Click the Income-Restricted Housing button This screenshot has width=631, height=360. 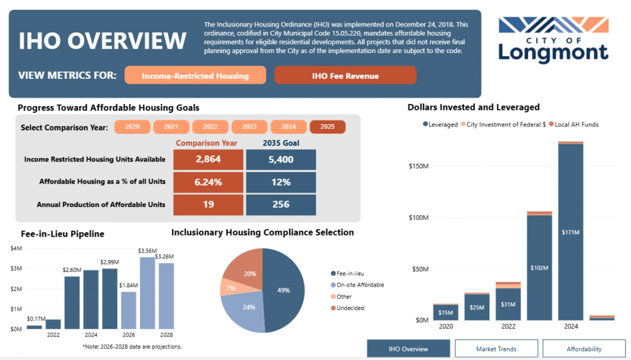195,75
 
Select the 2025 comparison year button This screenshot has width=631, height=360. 328,127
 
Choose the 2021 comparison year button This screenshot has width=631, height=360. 171,127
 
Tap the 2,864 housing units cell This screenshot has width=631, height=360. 208,160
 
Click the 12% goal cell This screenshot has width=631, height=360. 281,182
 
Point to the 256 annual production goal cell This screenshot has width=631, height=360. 281,205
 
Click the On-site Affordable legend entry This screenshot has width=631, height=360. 357,285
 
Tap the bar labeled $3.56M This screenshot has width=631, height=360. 147,293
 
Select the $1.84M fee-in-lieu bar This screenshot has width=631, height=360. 129,311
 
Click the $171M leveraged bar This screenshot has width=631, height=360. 571,232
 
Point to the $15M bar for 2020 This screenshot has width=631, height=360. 446,313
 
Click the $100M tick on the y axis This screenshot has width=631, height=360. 419,218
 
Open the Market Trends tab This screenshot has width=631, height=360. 496,349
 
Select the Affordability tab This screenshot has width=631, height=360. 584,349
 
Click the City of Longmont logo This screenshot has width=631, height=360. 553,39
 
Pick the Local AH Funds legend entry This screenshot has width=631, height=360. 574,125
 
